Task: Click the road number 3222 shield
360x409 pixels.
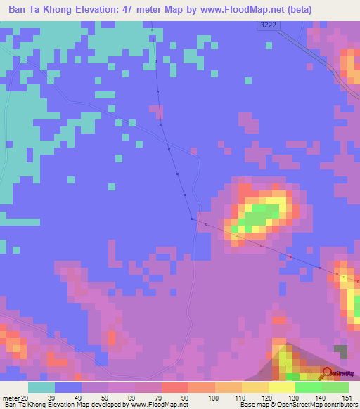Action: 264,25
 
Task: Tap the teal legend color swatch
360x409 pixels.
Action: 41,387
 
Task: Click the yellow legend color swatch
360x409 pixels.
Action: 281,387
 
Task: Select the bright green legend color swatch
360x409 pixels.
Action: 308,387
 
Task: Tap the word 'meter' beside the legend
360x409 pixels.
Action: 11,379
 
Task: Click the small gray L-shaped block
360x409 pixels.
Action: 341,352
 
